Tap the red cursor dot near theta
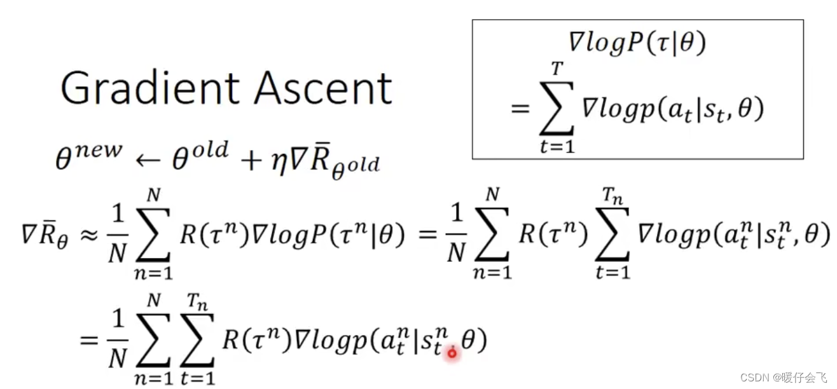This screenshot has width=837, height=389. [x=452, y=352]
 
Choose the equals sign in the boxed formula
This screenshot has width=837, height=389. [x=521, y=110]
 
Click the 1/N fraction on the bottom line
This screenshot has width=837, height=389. [x=117, y=342]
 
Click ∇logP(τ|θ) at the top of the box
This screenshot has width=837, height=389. [x=637, y=43]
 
